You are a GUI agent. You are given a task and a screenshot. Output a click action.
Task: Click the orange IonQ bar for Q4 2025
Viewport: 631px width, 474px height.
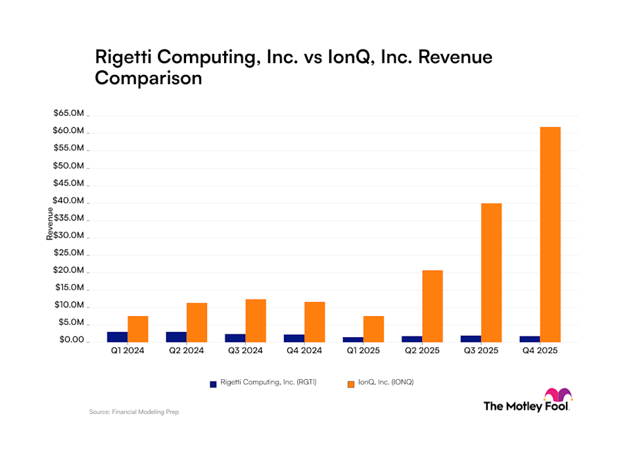550,234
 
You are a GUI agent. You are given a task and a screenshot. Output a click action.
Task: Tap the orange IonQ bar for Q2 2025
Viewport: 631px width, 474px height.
432,305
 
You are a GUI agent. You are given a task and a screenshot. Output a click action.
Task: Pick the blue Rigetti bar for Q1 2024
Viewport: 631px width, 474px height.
118,336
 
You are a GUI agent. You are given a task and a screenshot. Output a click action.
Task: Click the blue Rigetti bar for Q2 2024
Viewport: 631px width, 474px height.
176,336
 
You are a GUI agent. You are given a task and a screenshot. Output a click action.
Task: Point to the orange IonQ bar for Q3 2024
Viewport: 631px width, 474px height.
256,320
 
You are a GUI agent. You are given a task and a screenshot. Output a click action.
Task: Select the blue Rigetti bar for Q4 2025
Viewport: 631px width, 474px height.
530,338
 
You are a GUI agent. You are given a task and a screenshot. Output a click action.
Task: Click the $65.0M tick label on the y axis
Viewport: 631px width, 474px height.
69,113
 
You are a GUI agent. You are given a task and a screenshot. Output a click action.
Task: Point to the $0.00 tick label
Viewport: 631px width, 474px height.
69,340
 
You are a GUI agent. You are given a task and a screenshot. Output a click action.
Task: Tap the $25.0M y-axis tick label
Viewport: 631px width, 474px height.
69,253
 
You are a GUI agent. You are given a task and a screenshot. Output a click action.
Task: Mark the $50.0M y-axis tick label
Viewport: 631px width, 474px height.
69,166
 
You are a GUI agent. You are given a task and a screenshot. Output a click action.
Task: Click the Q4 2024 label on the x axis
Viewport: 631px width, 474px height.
304,351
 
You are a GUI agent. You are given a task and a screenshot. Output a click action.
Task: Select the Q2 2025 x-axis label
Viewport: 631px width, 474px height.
422,351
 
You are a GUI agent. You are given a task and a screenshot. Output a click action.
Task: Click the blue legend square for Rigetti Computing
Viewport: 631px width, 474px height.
212,382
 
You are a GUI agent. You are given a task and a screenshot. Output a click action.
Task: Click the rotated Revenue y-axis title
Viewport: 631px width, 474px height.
50,224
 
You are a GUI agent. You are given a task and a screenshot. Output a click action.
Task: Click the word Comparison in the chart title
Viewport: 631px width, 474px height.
148,78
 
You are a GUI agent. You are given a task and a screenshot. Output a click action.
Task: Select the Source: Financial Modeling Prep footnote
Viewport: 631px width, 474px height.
134,412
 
